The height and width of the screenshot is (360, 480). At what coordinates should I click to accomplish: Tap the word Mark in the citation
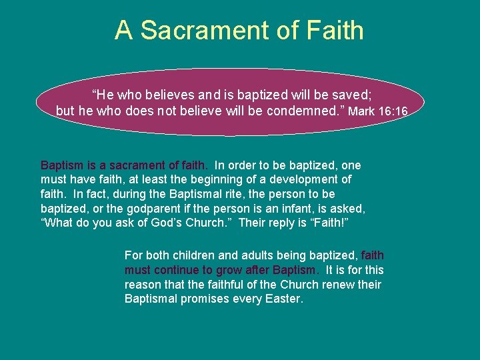pyautogui.click(x=361, y=111)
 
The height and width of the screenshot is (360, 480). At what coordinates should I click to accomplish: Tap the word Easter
pyautogui.click(x=283, y=299)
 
